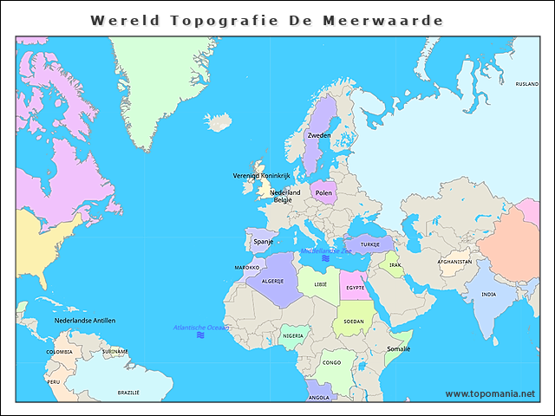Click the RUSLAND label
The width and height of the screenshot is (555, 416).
point(526,84)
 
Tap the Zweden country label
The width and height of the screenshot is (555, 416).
point(319,135)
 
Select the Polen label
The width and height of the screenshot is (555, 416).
point(323,193)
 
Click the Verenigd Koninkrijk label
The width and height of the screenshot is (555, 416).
point(261,175)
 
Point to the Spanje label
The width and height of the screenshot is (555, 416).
point(263,242)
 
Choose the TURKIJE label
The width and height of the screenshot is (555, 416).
point(370,244)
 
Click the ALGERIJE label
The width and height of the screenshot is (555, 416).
point(273,282)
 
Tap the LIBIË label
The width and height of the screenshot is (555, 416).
point(321,283)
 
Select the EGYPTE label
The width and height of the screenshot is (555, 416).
point(355,287)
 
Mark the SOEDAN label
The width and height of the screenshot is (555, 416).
point(354,321)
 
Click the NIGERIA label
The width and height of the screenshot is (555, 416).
point(293,335)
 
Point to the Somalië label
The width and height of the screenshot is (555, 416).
point(398,348)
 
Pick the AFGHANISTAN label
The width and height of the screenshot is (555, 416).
point(454,261)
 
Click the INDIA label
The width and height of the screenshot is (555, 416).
point(489,294)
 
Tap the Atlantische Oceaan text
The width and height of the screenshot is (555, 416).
point(201,328)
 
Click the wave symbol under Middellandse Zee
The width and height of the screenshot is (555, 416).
point(326,258)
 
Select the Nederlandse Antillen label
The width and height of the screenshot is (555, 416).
point(85,320)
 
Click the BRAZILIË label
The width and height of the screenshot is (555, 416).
point(128,393)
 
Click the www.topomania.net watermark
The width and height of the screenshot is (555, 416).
point(490,393)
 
